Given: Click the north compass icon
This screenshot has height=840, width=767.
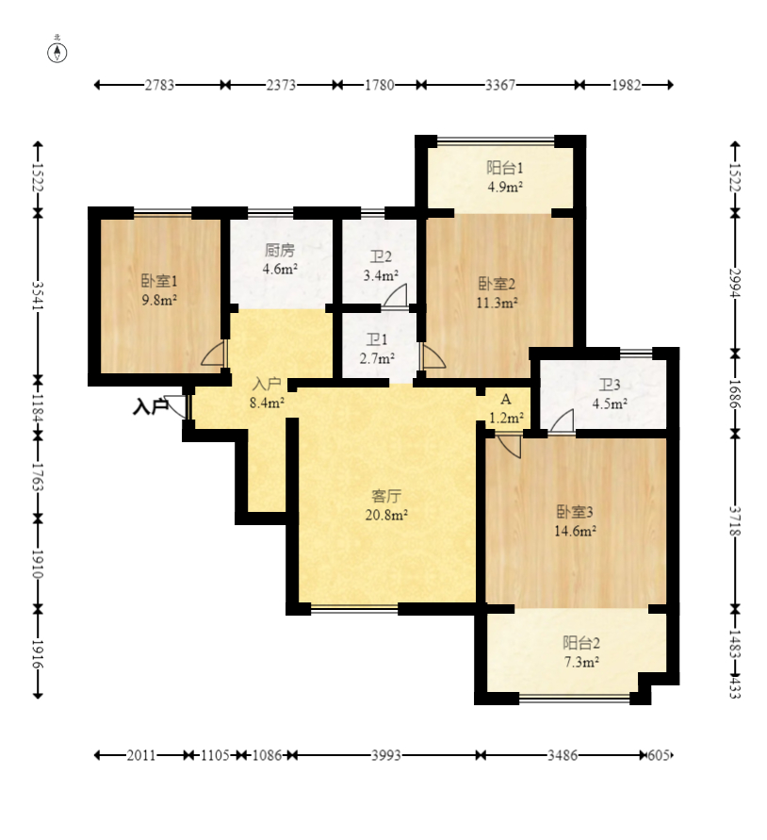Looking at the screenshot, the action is click(57, 53).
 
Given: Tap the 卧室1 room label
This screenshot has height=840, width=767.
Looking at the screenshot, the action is click(159, 281).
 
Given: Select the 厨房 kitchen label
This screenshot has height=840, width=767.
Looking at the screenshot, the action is click(280, 250).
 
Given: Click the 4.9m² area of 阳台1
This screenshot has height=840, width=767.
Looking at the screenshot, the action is click(505, 187).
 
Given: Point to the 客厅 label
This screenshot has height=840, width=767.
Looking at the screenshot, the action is click(386, 496).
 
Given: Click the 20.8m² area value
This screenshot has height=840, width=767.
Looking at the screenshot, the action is click(386, 516).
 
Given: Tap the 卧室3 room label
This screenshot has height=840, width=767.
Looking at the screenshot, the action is click(575, 512).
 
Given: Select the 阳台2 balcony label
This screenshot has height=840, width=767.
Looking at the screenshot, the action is click(581, 643).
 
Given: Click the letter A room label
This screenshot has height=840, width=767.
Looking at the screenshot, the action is click(505, 400).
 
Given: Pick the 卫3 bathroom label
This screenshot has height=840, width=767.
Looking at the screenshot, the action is click(610, 385).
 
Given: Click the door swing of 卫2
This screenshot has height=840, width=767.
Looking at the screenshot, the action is click(397, 295).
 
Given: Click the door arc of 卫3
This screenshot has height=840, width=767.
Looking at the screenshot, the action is click(562, 420).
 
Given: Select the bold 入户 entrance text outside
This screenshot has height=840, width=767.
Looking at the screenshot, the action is click(151, 407).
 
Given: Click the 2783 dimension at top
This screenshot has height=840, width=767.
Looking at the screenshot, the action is click(159, 85).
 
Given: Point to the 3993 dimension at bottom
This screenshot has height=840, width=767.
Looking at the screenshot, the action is click(386, 755).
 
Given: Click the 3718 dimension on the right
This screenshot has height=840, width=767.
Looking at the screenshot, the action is click(734, 521).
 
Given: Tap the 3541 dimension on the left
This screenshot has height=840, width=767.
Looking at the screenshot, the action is click(38, 296).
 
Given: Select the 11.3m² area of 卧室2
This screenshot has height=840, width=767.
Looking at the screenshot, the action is click(498, 304).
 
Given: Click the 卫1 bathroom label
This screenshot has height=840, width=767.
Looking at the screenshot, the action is click(377, 339).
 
